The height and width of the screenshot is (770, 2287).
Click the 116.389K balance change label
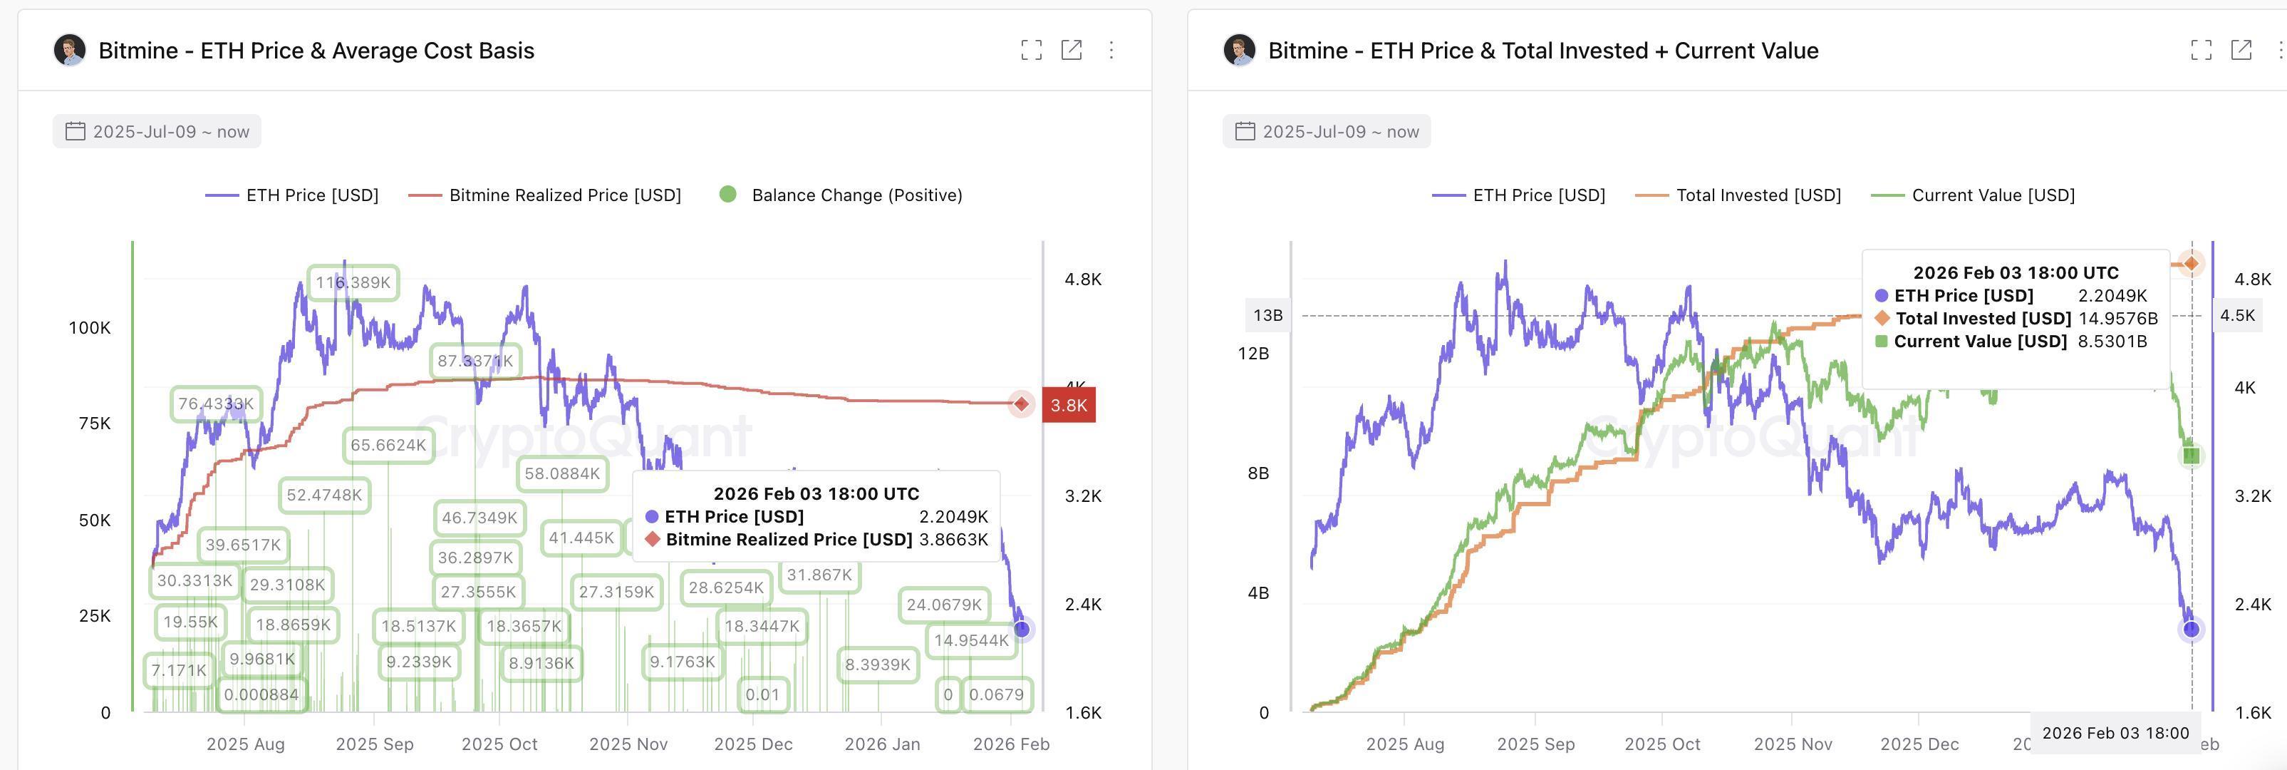click(x=353, y=282)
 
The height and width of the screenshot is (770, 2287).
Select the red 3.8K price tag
click(x=1068, y=405)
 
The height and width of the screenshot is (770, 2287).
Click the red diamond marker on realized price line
click(x=1022, y=404)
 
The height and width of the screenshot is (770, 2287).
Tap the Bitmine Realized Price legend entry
click(x=545, y=195)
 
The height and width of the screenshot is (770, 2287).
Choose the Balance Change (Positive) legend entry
click(x=841, y=195)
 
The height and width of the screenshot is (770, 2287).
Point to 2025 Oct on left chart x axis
click(x=499, y=744)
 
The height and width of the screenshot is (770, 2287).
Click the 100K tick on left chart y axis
click(x=90, y=328)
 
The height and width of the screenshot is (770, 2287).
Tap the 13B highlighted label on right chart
click(x=1267, y=315)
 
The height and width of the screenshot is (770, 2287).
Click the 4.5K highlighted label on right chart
click(x=2237, y=315)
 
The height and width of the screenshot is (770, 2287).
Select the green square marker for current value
click(x=2191, y=456)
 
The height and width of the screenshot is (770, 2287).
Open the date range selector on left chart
click(x=157, y=131)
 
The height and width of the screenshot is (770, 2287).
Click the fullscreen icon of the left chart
click(x=1031, y=51)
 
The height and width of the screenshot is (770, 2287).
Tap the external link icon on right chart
click(x=2241, y=51)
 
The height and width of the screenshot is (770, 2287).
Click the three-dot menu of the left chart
click(x=1111, y=51)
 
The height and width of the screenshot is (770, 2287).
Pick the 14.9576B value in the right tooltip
click(x=2117, y=319)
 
